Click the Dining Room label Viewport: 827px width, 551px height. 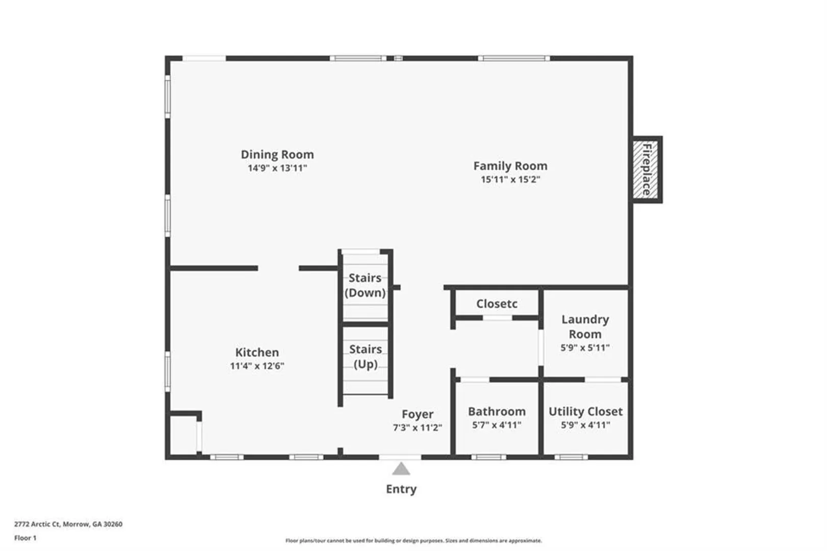coord(277,155)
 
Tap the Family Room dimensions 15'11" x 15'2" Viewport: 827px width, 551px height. coord(510,180)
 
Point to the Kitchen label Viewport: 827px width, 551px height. coord(257,352)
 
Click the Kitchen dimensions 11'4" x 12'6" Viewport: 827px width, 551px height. coord(257,366)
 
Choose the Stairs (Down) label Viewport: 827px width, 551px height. coord(365,285)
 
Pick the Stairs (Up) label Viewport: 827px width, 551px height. coord(366,357)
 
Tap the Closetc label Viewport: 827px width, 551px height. coord(497,304)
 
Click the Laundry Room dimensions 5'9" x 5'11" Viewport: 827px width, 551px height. coord(585,348)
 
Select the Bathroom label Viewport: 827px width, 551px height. coord(497,411)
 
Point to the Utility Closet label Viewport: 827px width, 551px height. coord(585,411)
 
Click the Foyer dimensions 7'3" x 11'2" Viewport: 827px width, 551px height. coord(418,428)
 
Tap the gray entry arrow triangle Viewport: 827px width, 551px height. coord(401,469)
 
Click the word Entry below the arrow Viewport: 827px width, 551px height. coord(401,489)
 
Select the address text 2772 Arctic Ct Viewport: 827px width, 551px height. coord(37,524)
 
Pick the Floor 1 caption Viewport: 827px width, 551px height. coord(25,538)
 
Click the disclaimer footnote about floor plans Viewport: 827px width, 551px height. coord(413,541)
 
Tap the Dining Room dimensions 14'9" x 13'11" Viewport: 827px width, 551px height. coord(277,168)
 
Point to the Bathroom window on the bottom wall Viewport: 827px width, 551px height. coord(488,457)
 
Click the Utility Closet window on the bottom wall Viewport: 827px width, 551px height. coord(571,457)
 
